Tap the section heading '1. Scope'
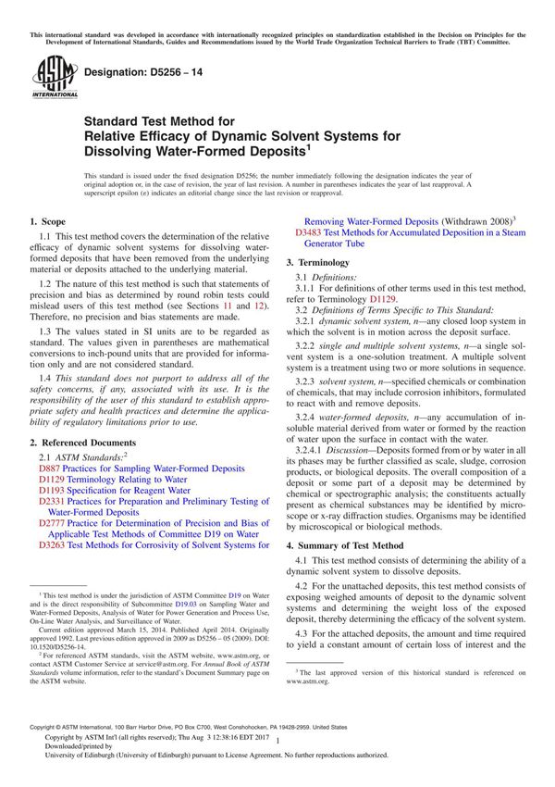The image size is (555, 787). pos(48,222)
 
